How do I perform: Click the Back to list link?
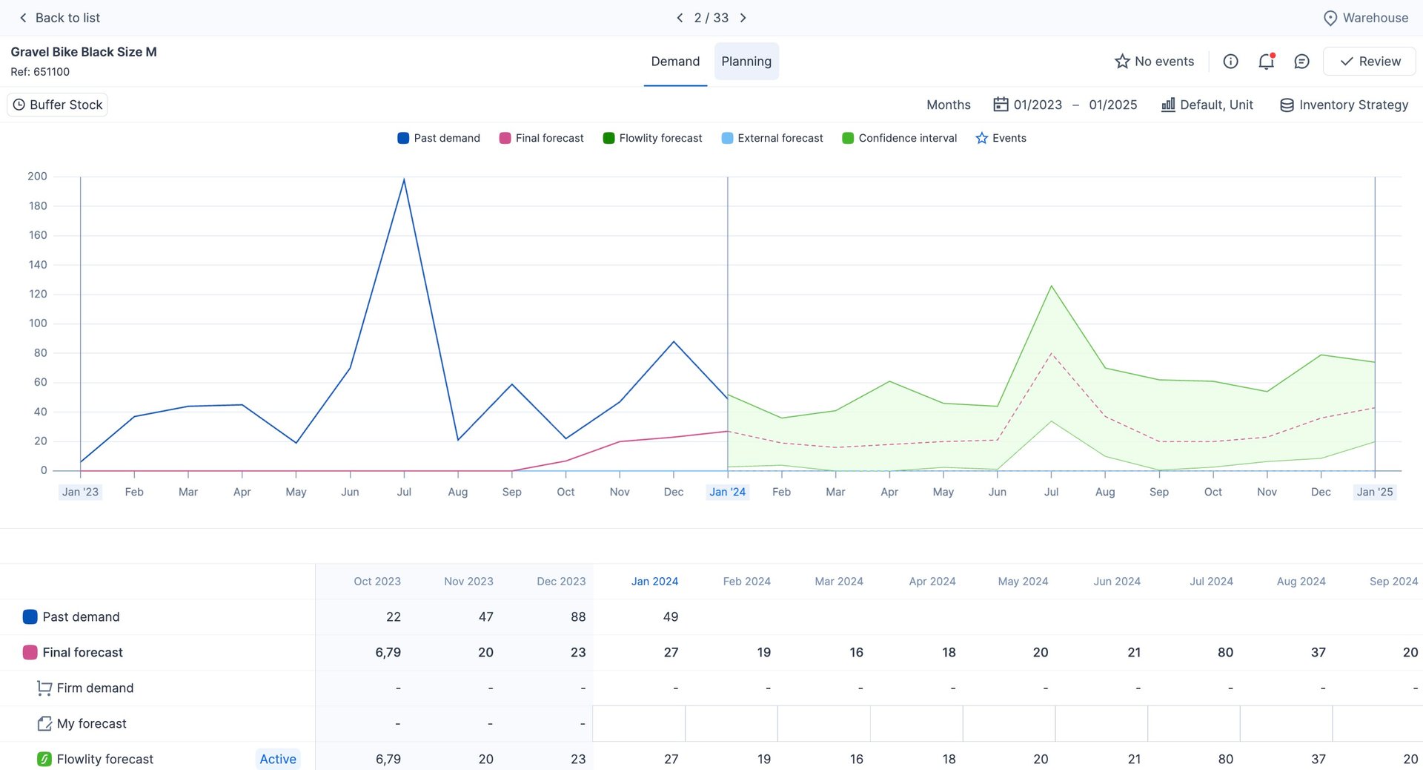(59, 18)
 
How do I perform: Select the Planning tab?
(746, 62)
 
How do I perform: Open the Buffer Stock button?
(58, 105)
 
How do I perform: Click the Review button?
(1370, 62)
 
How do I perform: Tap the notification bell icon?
(1266, 62)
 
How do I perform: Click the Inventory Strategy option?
(1344, 105)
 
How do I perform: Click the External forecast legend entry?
(772, 138)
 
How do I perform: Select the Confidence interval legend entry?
(900, 138)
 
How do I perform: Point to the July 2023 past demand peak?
(404, 179)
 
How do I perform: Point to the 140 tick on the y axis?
(38, 265)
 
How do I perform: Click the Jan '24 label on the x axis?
(727, 492)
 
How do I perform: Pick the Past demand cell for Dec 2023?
(578, 616)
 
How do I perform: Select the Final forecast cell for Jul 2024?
(1225, 652)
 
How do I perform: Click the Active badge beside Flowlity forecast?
(278, 759)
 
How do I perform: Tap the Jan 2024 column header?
(654, 582)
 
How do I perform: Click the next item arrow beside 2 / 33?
(743, 18)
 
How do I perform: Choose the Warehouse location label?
(1366, 18)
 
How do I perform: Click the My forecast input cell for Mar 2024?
(823, 723)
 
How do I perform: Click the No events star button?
(1155, 62)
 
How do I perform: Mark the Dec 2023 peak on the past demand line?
(674, 342)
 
